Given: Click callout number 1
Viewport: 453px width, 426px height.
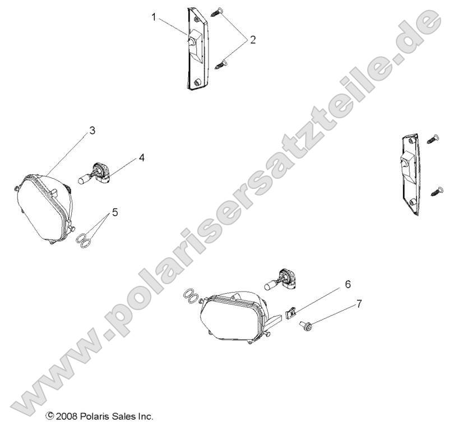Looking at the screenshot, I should (154, 17).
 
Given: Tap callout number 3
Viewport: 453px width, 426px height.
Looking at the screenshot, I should (92, 131).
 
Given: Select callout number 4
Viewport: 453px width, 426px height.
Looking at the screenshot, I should (142, 158).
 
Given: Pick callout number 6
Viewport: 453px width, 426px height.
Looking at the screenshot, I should (348, 285).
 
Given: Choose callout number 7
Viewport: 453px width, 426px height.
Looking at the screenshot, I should (359, 304).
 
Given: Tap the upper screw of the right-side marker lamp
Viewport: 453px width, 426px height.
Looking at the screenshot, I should (433, 138).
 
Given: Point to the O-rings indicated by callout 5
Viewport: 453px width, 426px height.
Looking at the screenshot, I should (85, 240).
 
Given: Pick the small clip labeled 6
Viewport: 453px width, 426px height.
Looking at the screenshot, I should (291, 312).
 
